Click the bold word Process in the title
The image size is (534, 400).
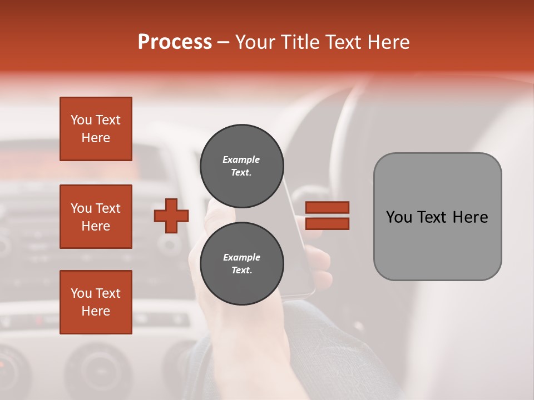(175, 42)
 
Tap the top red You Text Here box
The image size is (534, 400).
(96, 129)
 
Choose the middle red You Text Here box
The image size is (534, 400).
(96, 217)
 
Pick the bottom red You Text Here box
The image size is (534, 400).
(96, 302)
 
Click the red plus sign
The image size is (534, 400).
(171, 216)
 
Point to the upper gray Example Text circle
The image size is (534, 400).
(241, 166)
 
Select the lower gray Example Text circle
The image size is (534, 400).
(241, 264)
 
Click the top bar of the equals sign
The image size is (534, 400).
(328, 207)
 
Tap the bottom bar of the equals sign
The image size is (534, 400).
(328, 224)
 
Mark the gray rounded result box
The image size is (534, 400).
(437, 217)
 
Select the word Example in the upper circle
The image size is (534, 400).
(241, 159)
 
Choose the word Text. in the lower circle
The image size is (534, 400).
(241, 271)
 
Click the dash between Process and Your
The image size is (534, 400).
(223, 42)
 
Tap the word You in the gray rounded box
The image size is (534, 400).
(399, 217)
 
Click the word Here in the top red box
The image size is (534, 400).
(96, 138)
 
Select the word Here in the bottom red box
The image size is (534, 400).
(96, 311)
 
